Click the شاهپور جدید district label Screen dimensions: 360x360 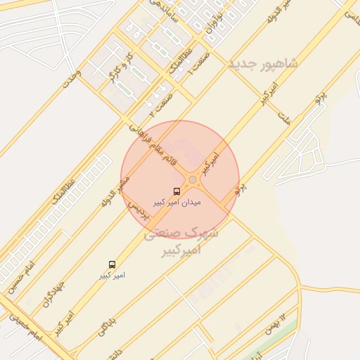coord(263,64)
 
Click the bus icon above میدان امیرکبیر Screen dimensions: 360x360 coord(176,191)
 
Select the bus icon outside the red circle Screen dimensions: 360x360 coord(112,264)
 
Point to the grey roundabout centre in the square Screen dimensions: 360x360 coord(192,181)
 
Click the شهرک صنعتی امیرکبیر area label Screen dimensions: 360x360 coord(181,241)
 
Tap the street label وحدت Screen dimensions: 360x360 coord(72,79)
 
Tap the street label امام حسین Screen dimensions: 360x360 coord(20,278)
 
